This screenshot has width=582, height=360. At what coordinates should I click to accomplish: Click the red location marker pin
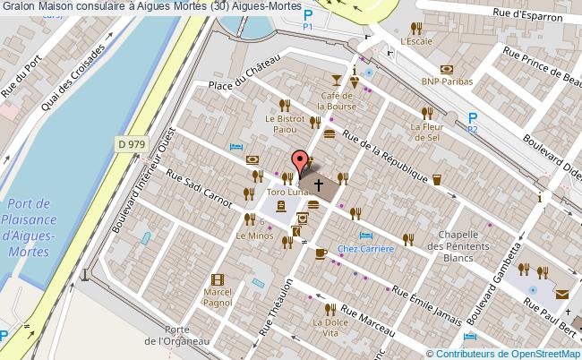click(x=298, y=162)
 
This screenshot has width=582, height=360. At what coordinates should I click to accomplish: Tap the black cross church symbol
click(x=318, y=183)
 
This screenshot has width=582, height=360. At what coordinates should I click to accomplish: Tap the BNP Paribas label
click(x=446, y=81)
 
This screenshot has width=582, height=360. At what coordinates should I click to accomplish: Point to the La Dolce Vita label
click(x=330, y=326)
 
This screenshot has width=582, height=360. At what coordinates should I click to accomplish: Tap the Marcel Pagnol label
click(x=218, y=297)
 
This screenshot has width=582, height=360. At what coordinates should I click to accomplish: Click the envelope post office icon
click(x=561, y=295)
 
